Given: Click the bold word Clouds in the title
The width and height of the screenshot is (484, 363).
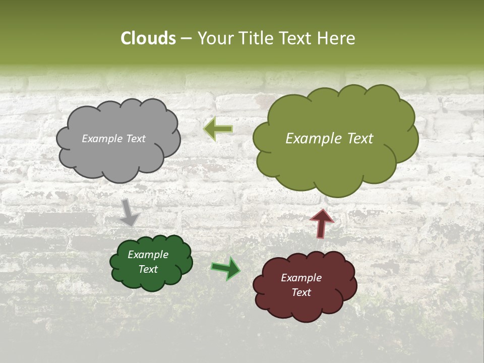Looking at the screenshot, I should (148, 38).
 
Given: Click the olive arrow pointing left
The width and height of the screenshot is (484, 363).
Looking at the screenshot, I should (218, 129).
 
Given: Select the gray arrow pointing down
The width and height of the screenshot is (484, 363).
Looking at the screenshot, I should (130, 212).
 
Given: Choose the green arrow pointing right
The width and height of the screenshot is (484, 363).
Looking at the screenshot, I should (226, 268).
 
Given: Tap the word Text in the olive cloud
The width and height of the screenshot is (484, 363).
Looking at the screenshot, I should (356, 139).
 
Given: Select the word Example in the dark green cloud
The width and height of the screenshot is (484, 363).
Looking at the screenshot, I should (148, 255).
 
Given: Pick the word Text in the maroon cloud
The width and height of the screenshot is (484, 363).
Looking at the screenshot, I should (301, 292).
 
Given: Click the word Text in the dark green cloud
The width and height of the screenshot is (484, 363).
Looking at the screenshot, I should (148, 269).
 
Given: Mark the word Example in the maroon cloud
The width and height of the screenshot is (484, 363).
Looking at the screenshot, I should (301, 278).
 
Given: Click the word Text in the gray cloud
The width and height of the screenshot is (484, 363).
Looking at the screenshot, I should (136, 139).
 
